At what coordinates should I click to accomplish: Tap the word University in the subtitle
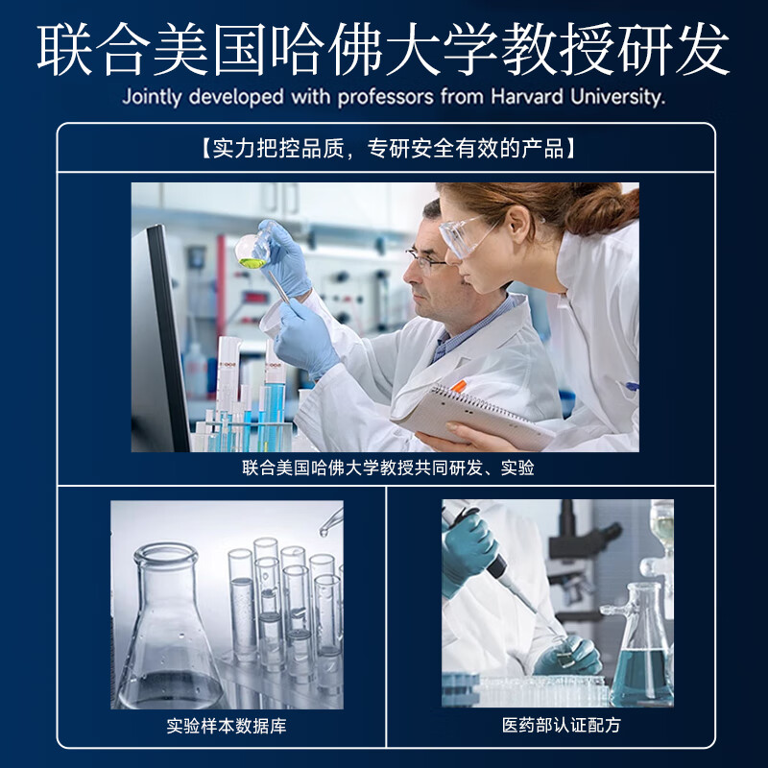619,97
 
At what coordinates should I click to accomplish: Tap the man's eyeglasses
425,257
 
